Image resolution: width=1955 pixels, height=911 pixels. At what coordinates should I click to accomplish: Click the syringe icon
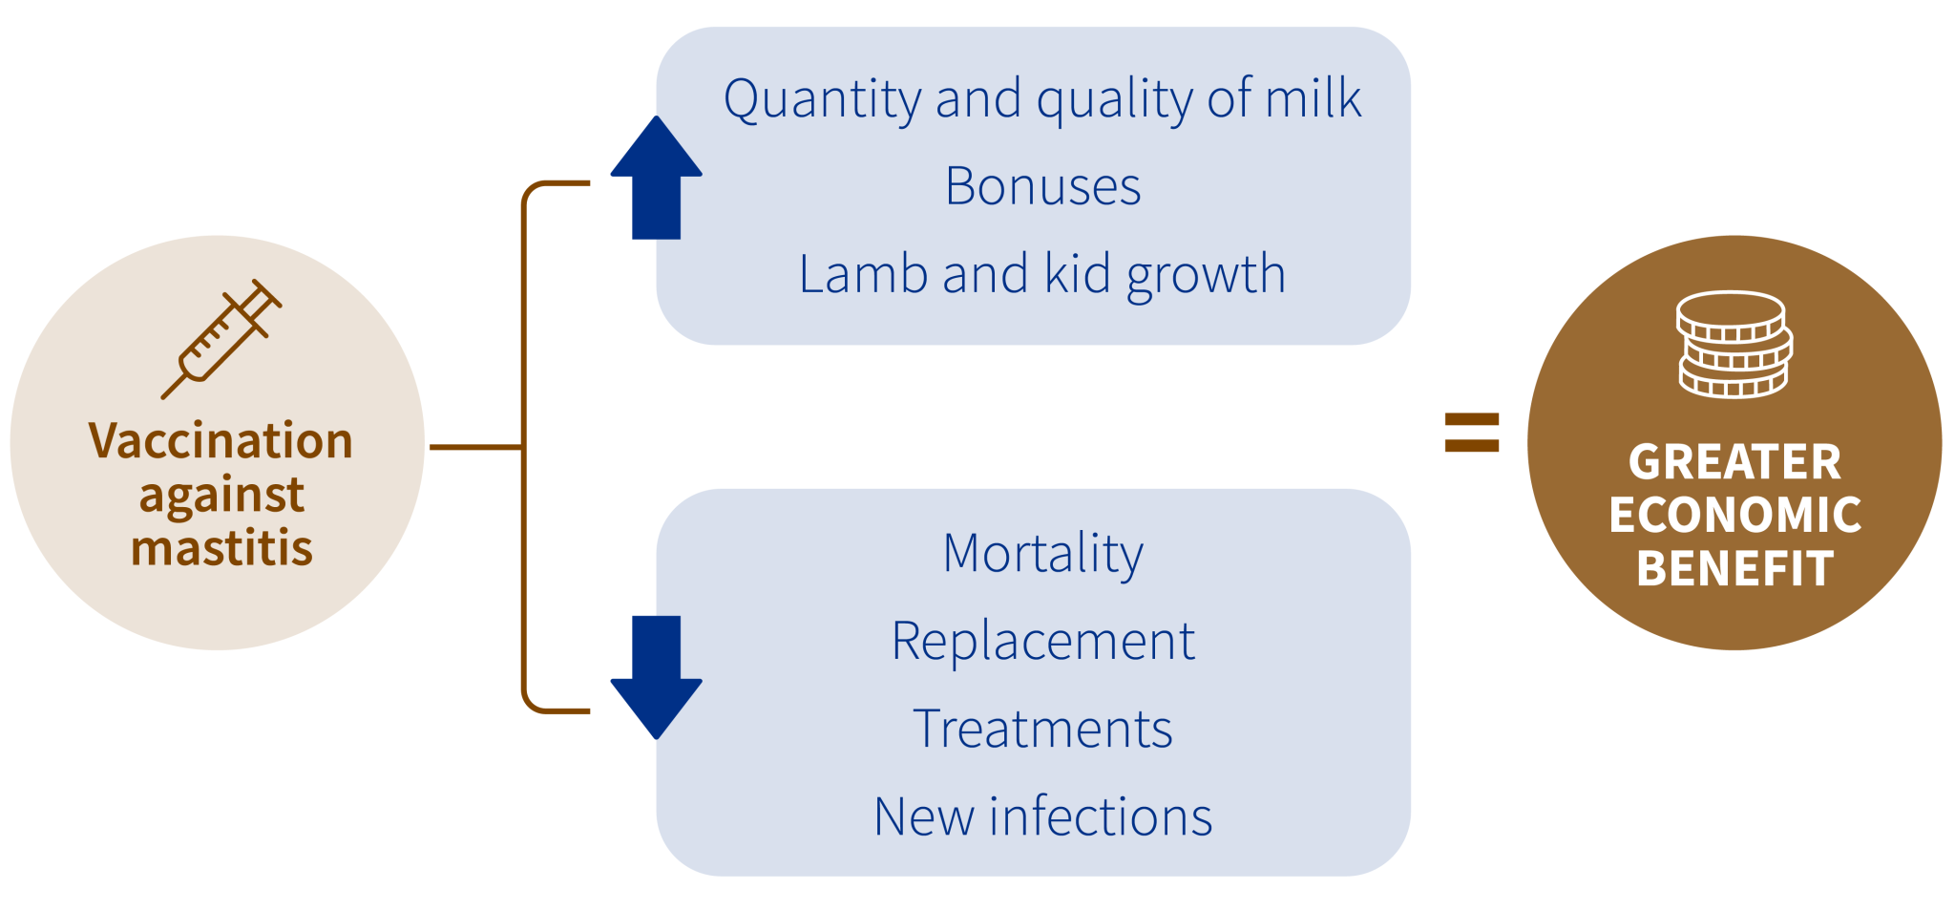click(222, 339)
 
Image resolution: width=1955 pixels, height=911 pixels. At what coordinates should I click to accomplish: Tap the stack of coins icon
click(1734, 345)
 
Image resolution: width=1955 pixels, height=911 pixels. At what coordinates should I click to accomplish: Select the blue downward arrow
click(657, 676)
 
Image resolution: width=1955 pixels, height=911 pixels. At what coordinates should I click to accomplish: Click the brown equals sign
click(1471, 432)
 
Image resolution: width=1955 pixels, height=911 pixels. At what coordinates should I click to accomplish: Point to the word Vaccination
click(221, 441)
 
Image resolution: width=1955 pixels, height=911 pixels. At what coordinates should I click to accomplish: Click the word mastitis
click(221, 549)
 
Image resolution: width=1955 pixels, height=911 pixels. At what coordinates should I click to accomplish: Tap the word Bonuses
click(1042, 186)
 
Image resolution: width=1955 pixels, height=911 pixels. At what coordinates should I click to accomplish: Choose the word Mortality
click(1042, 554)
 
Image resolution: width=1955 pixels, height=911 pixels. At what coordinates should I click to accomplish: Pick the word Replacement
click(1042, 641)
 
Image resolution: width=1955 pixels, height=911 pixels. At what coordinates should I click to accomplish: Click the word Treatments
click(1042, 730)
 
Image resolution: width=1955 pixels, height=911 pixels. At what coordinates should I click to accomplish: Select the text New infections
click(1042, 817)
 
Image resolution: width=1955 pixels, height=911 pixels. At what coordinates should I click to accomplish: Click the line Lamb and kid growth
click(1042, 275)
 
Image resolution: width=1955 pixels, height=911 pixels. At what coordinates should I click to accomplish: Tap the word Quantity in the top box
click(821, 99)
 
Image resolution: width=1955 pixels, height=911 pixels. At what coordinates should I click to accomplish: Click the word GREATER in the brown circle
click(1734, 462)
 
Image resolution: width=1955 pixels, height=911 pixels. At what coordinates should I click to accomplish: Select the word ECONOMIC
click(1734, 516)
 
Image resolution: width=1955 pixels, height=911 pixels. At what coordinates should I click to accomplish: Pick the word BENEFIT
click(1734, 569)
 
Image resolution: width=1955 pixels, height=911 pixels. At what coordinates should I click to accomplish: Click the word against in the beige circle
click(221, 496)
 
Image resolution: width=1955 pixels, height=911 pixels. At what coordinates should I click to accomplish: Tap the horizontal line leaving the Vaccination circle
click(475, 446)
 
